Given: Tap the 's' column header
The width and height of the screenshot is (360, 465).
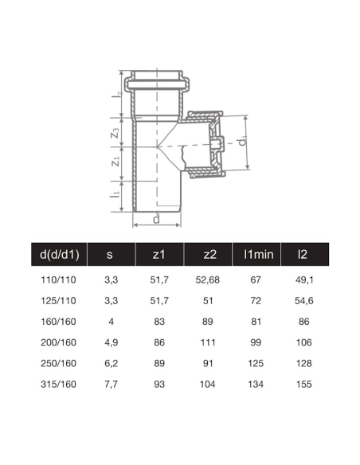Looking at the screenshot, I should tap(109, 256).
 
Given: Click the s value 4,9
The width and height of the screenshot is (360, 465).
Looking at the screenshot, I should tap(109, 342).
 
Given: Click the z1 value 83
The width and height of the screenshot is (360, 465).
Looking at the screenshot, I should tap(159, 322).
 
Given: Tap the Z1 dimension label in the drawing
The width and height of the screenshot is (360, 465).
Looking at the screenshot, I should tap(115, 164).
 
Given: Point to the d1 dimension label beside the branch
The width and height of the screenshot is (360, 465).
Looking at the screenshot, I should tap(241, 143).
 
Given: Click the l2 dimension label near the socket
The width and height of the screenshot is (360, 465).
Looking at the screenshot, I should tap(116, 93).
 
